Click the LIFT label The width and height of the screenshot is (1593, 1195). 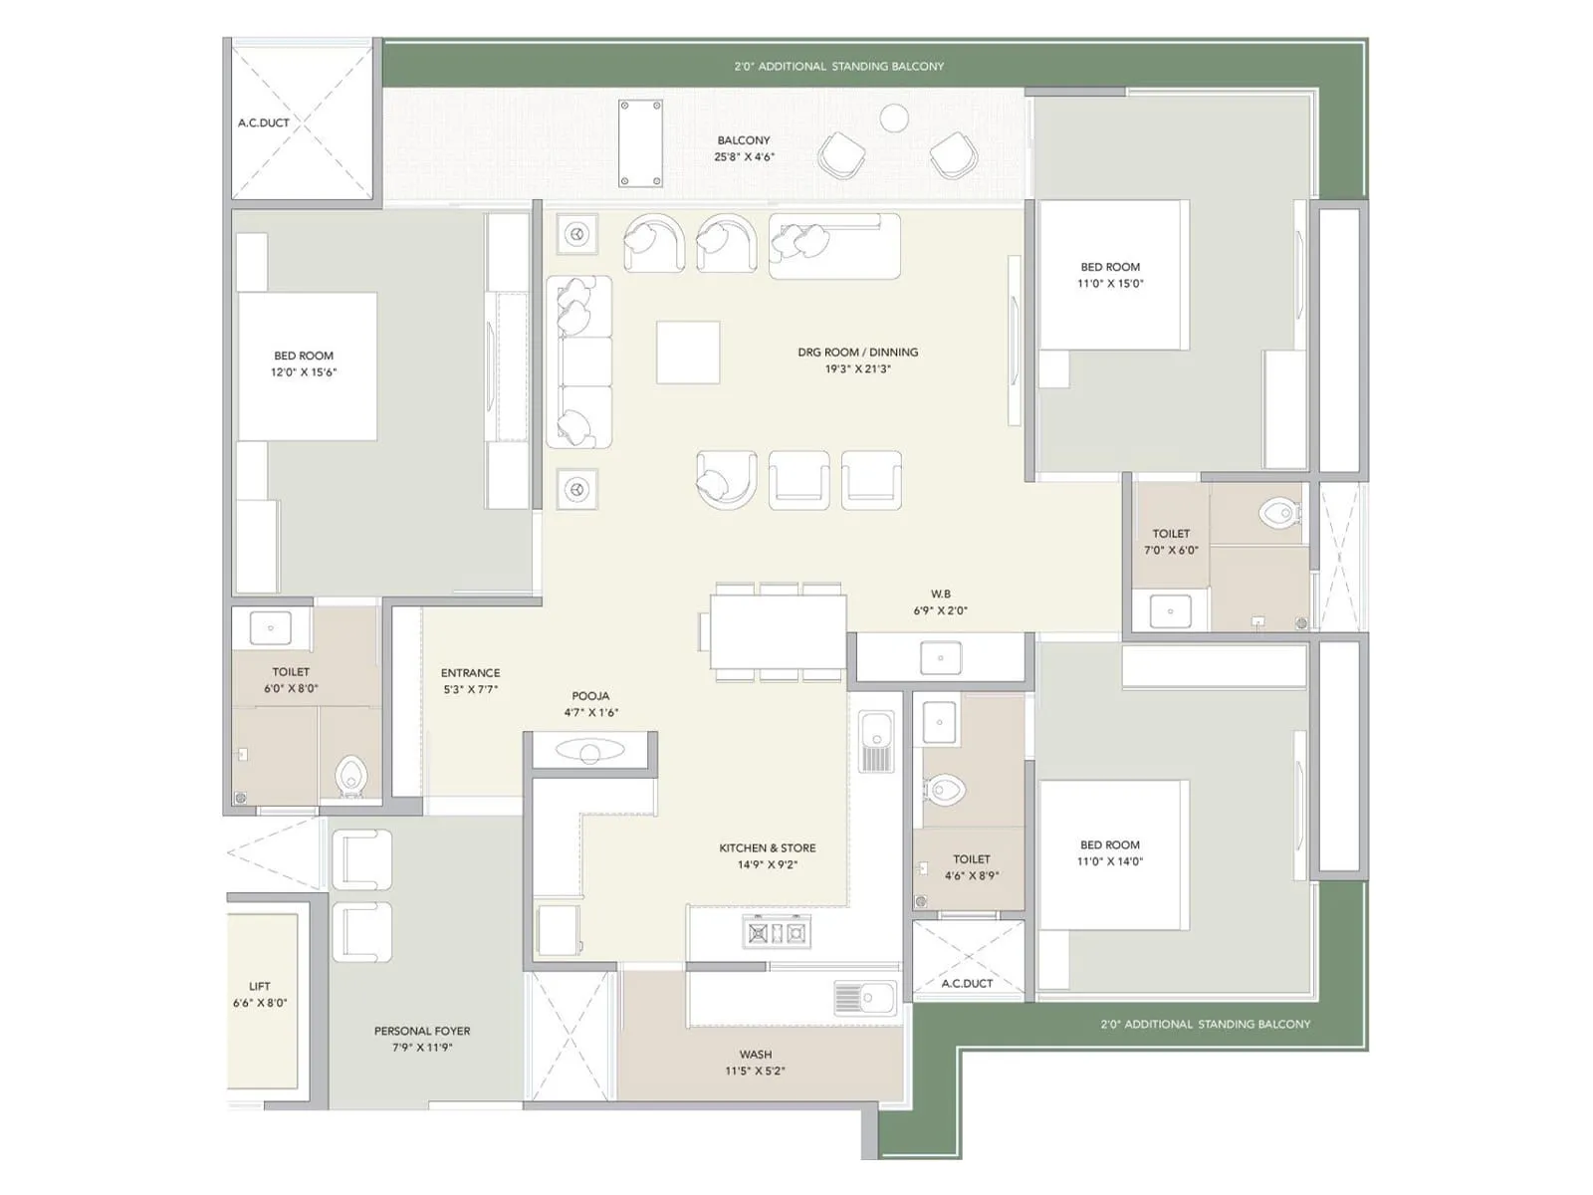pyautogui.click(x=260, y=986)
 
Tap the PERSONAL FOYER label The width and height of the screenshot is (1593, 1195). pyautogui.click(x=422, y=1031)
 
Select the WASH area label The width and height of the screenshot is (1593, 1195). pyautogui.click(x=756, y=1054)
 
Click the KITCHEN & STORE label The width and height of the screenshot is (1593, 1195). pyautogui.click(x=768, y=848)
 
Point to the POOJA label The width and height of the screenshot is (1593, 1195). pyautogui.click(x=590, y=696)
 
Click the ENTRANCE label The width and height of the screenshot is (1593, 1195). pyautogui.click(x=471, y=673)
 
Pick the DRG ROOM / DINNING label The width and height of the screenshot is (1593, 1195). pyautogui.click(x=857, y=353)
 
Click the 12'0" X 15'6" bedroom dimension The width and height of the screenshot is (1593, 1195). pyautogui.click(x=304, y=372)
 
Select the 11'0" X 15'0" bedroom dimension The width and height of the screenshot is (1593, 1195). pyautogui.click(x=1110, y=284)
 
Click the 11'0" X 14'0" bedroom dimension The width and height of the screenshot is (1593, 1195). pyautogui.click(x=1110, y=861)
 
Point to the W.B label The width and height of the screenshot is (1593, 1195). pyautogui.click(x=941, y=595)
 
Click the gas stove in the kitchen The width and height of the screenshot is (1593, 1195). pyautogui.click(x=777, y=933)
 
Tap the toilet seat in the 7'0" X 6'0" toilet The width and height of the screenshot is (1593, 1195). pyautogui.click(x=1279, y=514)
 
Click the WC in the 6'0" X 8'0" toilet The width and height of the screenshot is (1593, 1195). pyautogui.click(x=350, y=776)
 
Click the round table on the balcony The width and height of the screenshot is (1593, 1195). pyautogui.click(x=895, y=118)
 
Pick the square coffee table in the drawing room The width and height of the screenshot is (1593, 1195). pyautogui.click(x=688, y=352)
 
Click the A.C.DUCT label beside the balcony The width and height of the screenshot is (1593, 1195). pyautogui.click(x=264, y=123)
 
